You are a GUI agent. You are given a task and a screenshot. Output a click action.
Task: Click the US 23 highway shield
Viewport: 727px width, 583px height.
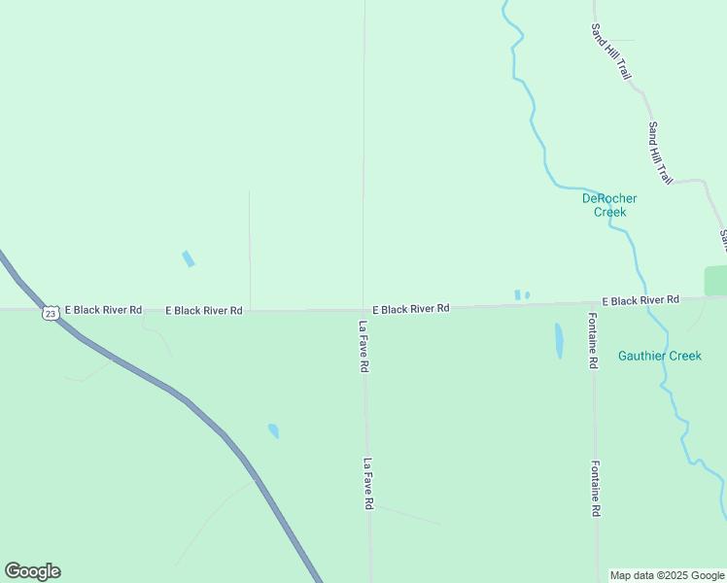(51, 313)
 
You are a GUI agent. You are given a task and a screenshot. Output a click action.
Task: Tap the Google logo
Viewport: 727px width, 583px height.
(32, 571)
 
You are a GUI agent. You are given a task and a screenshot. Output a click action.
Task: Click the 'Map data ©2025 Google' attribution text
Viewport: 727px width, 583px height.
(667, 575)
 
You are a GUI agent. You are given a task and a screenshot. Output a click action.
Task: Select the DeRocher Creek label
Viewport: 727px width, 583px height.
(609, 205)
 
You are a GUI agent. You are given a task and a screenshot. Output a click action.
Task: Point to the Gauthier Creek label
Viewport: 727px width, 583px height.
(659, 356)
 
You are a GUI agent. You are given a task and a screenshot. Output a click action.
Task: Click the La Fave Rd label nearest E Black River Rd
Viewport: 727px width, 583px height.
(363, 347)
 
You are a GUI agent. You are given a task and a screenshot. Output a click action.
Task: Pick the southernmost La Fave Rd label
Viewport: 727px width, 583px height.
(368, 484)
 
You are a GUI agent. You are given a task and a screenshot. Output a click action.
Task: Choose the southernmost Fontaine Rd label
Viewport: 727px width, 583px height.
(595, 488)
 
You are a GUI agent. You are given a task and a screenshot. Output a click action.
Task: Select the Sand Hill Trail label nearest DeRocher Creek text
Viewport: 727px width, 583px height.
(661, 153)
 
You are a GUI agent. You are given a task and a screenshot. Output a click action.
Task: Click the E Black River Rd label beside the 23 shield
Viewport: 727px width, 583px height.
(105, 310)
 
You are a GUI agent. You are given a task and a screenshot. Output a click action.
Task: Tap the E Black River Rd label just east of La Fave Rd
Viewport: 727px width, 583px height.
(410, 308)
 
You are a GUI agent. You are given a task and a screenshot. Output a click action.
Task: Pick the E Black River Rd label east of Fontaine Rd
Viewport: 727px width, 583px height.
(640, 300)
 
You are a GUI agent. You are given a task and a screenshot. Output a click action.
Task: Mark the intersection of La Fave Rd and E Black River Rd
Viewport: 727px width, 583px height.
(364, 310)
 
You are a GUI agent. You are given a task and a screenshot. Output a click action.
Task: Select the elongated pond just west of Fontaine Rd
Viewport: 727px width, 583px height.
(559, 341)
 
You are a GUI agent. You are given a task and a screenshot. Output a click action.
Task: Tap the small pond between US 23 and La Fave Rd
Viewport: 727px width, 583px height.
(273, 430)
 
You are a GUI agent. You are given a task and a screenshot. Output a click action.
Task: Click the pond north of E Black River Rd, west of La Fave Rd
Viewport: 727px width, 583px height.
(189, 259)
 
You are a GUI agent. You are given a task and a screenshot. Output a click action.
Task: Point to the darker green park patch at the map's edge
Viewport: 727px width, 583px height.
(716, 281)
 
